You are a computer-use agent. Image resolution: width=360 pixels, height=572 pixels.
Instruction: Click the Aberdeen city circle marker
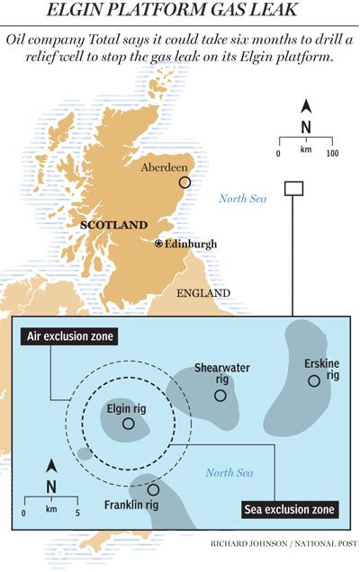(186, 183)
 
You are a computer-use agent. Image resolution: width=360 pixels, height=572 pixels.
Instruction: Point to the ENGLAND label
(202, 293)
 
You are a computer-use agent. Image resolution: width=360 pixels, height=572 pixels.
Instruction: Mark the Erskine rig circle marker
(313, 381)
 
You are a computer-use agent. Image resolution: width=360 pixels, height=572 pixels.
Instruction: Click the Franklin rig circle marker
(154, 490)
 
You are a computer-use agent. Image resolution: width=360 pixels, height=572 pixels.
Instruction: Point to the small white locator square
(292, 187)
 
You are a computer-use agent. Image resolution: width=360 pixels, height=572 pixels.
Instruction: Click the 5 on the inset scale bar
(77, 512)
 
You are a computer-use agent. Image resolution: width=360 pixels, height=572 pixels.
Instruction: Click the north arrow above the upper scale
(306, 105)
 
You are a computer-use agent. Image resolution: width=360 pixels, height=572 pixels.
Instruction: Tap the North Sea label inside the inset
(229, 473)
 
